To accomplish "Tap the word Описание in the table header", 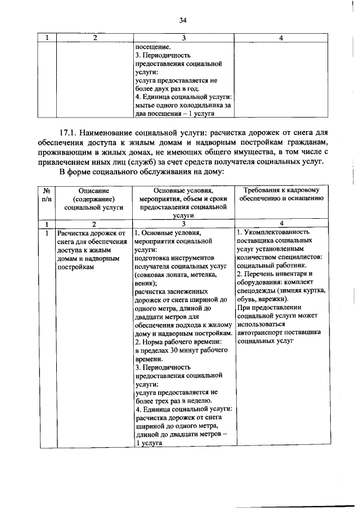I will (85, 192).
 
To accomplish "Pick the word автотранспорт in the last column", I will (260, 332).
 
